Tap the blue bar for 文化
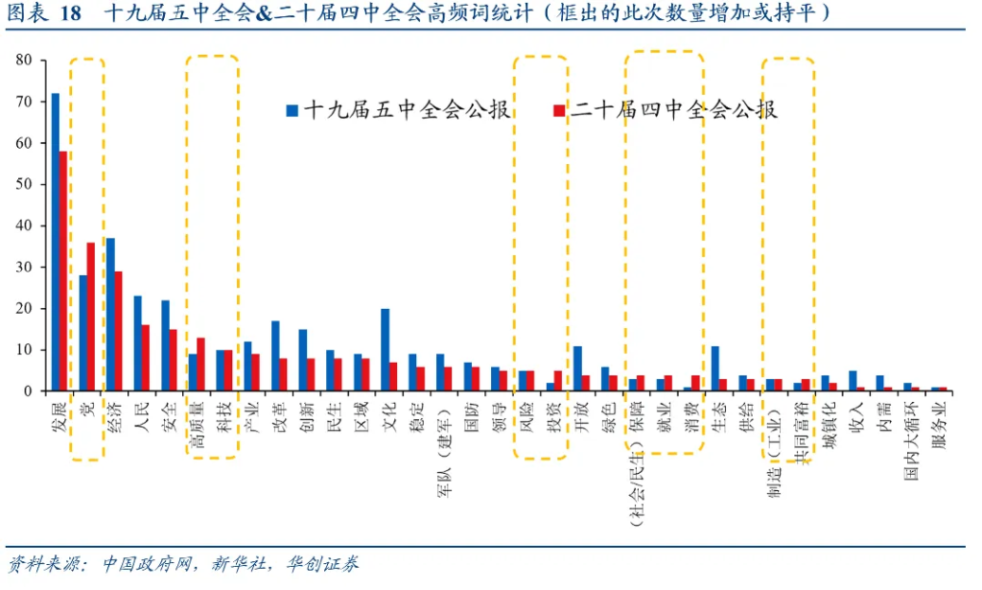pos(386,350)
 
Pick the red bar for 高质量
pos(200,365)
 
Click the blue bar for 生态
pos(715,368)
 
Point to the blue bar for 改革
pos(275,356)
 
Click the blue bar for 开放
pos(577,368)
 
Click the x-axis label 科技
pos(223,416)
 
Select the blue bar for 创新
pos(303,361)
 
